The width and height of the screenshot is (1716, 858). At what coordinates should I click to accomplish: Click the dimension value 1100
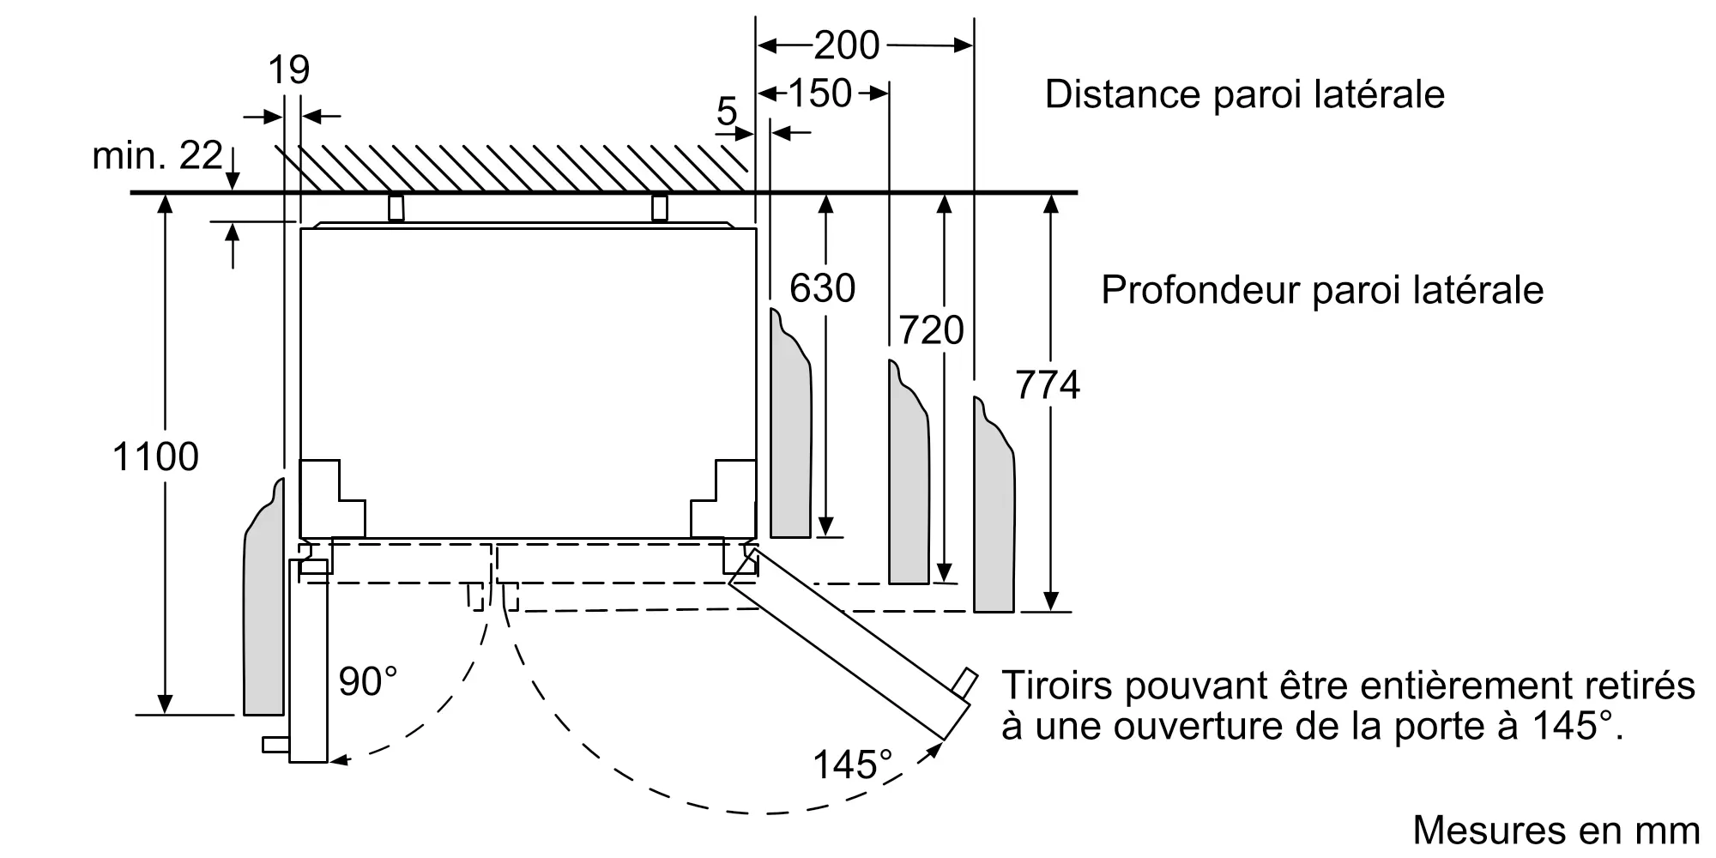click(155, 457)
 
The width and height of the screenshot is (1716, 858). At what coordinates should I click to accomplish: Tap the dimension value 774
click(1048, 385)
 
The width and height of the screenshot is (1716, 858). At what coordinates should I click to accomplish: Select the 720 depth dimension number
click(931, 330)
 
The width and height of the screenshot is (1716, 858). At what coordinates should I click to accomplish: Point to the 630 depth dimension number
click(822, 288)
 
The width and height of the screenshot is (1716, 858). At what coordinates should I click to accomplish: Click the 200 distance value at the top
click(846, 45)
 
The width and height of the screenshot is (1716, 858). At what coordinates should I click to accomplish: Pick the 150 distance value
click(819, 94)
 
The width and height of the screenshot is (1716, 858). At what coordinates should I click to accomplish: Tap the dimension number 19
click(288, 69)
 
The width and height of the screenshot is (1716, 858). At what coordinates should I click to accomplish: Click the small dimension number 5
click(726, 112)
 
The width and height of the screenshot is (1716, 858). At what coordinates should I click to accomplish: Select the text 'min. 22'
click(157, 155)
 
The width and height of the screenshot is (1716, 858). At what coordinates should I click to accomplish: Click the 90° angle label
click(368, 682)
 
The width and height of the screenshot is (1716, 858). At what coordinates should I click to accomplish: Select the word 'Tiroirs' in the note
click(1055, 686)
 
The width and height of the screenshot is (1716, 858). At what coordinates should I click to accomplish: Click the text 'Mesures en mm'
click(1556, 830)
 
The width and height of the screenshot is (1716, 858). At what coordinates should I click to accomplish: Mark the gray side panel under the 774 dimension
click(994, 515)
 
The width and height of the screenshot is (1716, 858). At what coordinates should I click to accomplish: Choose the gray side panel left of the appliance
click(263, 609)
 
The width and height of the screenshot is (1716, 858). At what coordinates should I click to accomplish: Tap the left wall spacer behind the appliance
click(396, 208)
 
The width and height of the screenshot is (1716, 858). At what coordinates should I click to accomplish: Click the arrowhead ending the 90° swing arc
click(340, 758)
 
